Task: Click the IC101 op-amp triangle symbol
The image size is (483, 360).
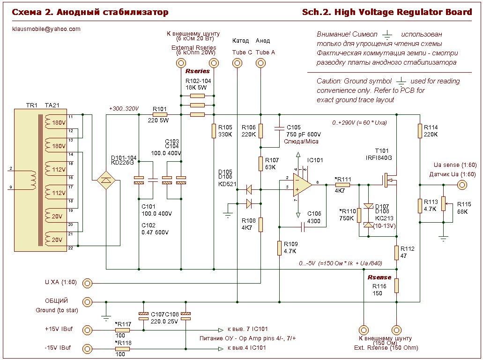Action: point(301,185)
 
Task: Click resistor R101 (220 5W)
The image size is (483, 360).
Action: point(160,114)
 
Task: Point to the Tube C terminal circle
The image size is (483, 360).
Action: point(238,64)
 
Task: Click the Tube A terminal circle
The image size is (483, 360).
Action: point(260,64)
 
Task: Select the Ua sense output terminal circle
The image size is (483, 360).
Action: point(462,185)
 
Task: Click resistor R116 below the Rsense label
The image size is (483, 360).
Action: point(396,285)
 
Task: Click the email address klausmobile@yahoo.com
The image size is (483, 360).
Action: point(46,29)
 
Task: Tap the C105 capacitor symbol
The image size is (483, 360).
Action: point(280,127)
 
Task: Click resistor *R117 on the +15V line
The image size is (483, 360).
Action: point(123,330)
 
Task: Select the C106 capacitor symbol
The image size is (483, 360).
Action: point(304,227)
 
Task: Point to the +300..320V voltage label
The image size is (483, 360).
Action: point(124,109)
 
